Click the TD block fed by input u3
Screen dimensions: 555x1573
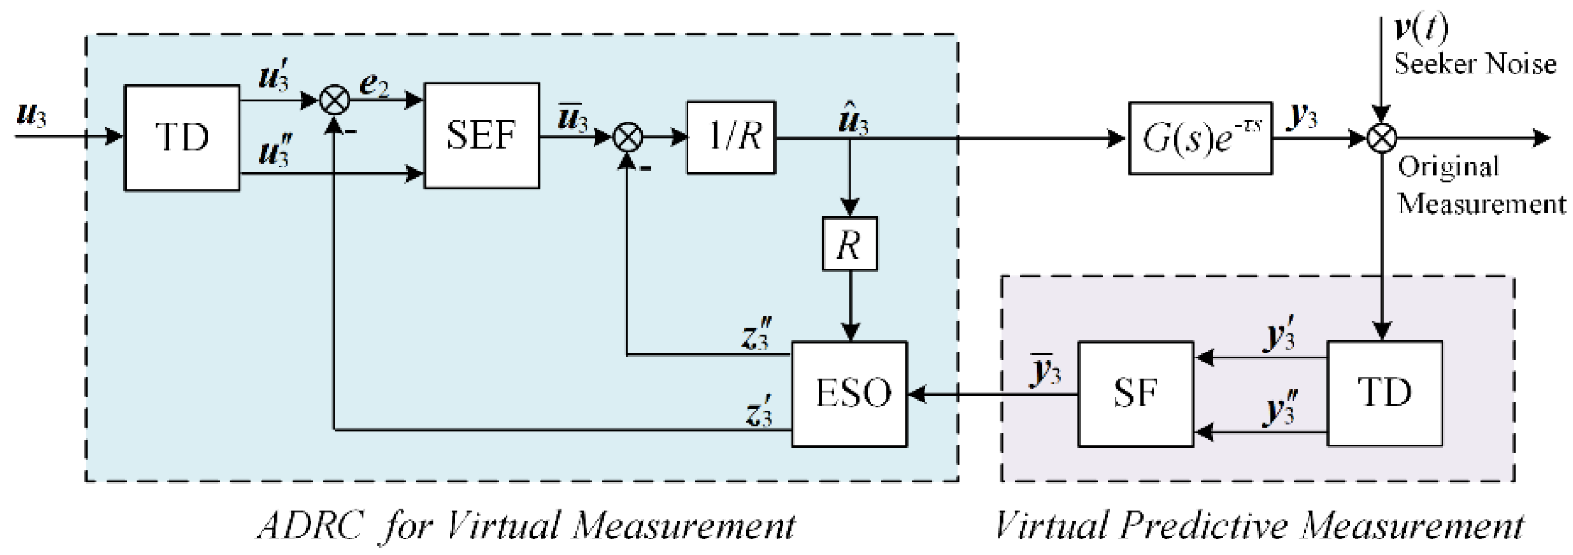coord(182,138)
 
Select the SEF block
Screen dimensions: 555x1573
coord(481,136)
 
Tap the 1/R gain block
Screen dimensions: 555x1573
coord(731,137)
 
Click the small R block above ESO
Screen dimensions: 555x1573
coord(849,244)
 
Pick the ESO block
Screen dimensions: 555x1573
coord(849,393)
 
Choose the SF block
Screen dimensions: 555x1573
coord(1135,393)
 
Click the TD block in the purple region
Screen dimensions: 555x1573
coord(1384,393)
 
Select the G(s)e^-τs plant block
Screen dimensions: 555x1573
coord(1200,138)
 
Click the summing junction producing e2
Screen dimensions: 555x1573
coord(334,100)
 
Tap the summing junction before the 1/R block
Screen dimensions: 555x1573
coord(628,137)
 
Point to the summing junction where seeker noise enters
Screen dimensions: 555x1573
coord(1382,138)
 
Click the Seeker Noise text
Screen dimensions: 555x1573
coord(1475,64)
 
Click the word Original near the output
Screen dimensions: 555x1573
coord(1448,167)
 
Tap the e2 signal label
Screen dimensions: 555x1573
coord(375,86)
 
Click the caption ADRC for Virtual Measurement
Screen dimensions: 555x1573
coord(526,526)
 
